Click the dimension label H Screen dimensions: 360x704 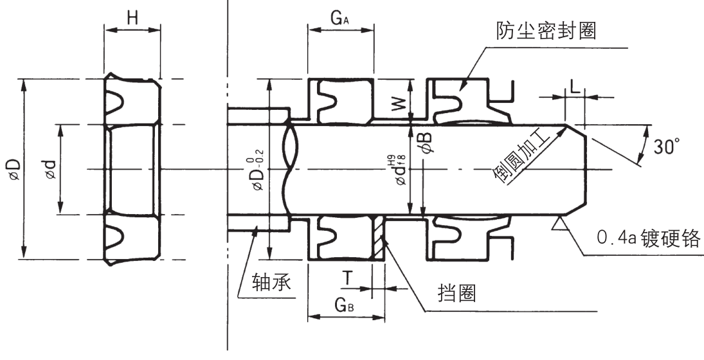[132, 19]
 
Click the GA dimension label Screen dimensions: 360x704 [340, 19]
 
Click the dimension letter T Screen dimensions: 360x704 [347, 278]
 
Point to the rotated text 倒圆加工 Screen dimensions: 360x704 [525, 157]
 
